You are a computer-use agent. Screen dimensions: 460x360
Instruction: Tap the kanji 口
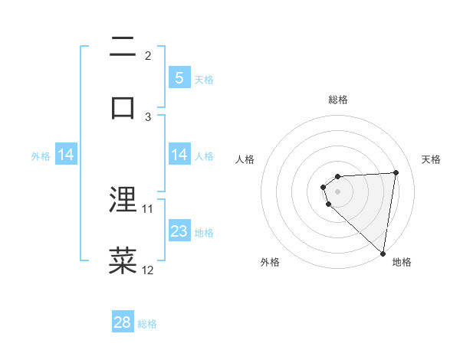point(123,106)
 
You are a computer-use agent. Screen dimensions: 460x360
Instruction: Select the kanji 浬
point(123,201)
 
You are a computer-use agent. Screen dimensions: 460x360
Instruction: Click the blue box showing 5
point(179,77)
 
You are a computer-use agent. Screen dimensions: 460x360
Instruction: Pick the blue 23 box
point(179,231)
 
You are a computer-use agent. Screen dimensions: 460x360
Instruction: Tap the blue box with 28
point(123,322)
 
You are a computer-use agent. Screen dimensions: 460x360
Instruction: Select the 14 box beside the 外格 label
point(66,155)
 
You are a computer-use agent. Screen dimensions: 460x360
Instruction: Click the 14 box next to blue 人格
point(179,155)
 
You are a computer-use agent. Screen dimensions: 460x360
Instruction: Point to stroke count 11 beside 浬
point(148,208)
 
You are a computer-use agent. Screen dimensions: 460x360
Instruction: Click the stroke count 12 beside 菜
point(148,270)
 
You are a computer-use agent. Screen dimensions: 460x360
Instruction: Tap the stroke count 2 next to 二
point(148,55)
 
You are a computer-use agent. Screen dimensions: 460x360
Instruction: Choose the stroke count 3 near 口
point(148,116)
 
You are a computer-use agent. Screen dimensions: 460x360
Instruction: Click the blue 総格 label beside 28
point(147,324)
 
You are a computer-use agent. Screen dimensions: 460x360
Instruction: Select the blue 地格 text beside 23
point(204,233)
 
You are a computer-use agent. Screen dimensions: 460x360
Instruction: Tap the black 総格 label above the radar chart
point(338,100)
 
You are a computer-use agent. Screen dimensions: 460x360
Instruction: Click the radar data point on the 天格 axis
point(396,172)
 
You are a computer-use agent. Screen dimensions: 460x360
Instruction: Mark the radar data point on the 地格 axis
point(383,253)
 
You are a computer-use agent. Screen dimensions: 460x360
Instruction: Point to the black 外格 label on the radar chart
point(270,262)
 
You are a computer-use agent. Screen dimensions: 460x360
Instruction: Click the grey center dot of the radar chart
point(337,191)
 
